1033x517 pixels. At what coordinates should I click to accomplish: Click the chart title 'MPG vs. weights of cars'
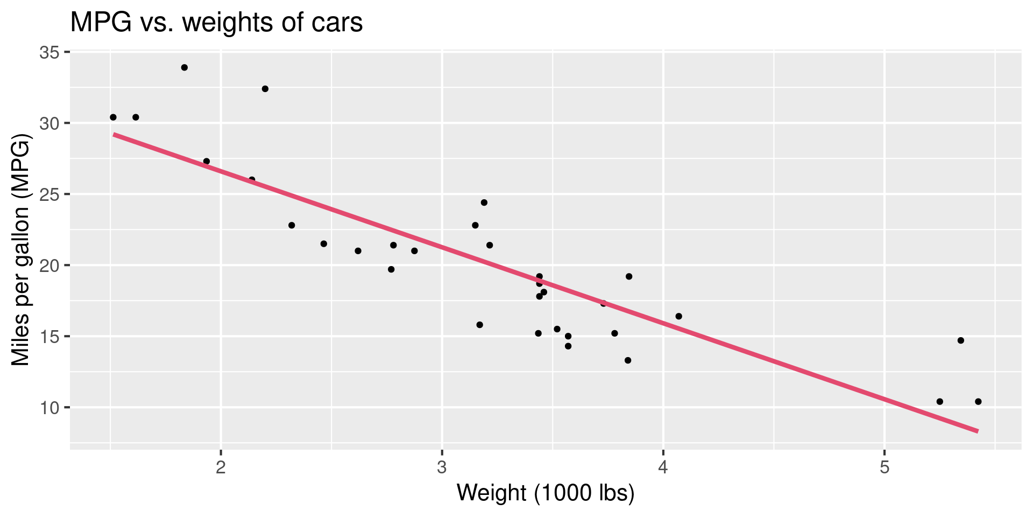pos(216,23)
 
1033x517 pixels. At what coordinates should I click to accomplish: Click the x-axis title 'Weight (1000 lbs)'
pos(546,493)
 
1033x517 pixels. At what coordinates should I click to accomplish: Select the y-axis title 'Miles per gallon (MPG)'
pos(22,250)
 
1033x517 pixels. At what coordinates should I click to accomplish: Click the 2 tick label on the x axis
pos(221,467)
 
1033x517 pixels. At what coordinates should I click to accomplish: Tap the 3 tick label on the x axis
pos(442,467)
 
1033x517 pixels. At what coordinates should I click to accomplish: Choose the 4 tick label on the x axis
pos(663,467)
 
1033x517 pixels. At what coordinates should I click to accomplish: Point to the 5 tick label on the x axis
pos(884,467)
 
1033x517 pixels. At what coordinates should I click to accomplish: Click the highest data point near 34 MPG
pos(184,67)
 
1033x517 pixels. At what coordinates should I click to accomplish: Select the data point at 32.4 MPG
pos(265,89)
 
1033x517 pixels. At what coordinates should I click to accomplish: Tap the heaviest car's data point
pos(978,401)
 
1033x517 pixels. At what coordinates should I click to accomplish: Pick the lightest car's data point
pos(113,117)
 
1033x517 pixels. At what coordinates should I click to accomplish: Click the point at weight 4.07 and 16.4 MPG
pos(678,316)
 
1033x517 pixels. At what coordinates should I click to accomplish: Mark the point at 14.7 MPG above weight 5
pos(960,340)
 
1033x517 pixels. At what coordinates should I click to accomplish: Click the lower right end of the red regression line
pos(977,431)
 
